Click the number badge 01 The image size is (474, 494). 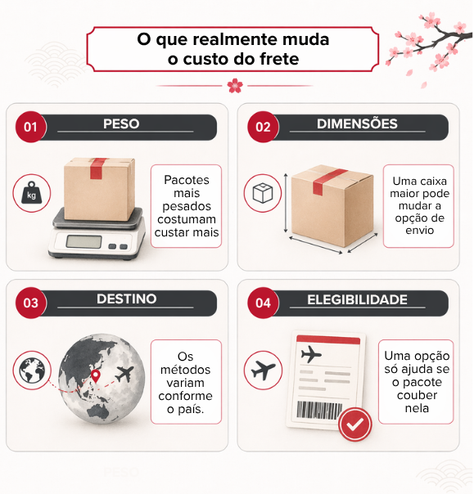point(30,127)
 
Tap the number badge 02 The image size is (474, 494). point(263,127)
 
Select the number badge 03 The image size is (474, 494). point(30,303)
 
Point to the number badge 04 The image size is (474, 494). point(263,303)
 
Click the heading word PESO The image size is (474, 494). point(121,124)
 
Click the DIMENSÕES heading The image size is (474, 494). point(357,124)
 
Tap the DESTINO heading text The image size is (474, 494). point(126,299)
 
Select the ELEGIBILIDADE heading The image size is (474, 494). point(357,300)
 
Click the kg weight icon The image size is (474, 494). point(31,194)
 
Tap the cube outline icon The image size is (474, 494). point(263,194)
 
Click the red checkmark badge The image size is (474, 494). point(355,424)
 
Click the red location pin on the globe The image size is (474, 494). point(96,376)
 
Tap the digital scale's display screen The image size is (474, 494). point(84,241)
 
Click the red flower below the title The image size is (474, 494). point(235,85)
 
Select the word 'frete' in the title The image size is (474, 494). point(277,59)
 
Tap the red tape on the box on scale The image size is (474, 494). point(99,171)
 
